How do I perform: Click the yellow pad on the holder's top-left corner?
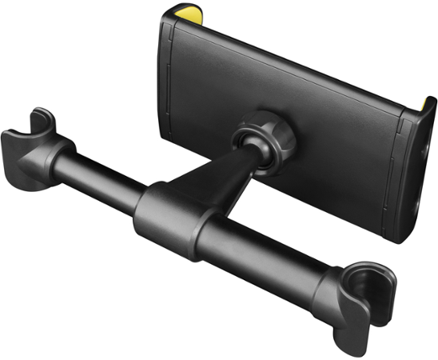point(182,14)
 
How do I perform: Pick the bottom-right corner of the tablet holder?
point(400,236)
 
